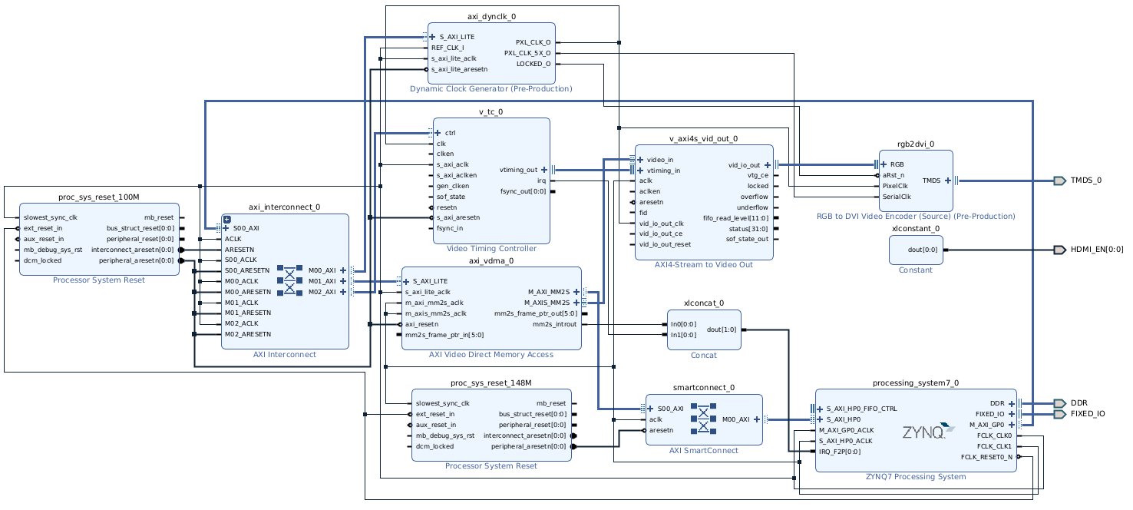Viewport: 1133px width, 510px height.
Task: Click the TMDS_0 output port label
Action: click(x=1085, y=180)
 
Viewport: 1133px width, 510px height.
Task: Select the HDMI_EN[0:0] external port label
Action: click(x=1097, y=250)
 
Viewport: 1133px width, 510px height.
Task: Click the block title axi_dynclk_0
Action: click(x=491, y=17)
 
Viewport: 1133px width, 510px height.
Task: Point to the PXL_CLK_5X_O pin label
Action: click(x=527, y=53)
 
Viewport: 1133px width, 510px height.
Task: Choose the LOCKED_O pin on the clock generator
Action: click(x=533, y=64)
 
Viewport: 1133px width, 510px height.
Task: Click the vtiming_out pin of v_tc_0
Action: click(x=518, y=170)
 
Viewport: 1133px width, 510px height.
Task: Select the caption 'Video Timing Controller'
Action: click(x=491, y=249)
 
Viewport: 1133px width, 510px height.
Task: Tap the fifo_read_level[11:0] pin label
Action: click(x=735, y=218)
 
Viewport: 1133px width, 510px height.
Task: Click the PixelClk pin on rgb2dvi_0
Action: click(x=895, y=185)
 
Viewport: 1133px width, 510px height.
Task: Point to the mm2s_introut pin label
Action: click(x=555, y=324)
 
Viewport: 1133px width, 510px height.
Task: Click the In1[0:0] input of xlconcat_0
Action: click(x=683, y=334)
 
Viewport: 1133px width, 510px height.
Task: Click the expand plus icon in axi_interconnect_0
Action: click(x=227, y=220)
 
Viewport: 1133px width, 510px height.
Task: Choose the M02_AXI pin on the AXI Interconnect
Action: click(x=322, y=292)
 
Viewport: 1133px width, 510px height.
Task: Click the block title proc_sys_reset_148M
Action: click(x=491, y=383)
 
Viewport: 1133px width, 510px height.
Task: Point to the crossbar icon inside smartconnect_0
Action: click(x=703, y=419)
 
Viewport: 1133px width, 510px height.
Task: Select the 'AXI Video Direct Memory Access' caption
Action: click(x=491, y=355)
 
